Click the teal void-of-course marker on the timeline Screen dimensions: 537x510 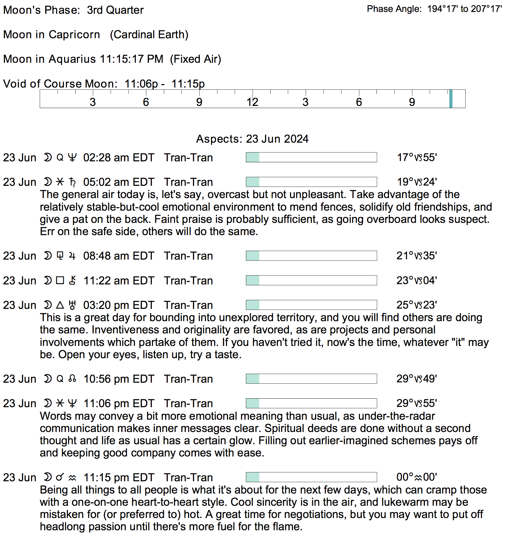(x=451, y=99)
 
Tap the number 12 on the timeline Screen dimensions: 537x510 (x=253, y=102)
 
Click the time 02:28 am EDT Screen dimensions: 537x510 (x=119, y=158)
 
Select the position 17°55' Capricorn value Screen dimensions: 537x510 (x=417, y=157)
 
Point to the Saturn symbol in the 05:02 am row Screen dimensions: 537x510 (x=73, y=182)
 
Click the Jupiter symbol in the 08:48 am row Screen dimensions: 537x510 (x=72, y=256)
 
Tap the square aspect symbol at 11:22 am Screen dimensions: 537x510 (x=60, y=280)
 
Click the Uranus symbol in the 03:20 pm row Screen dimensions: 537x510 (x=72, y=305)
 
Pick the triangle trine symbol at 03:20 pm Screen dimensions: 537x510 (x=60, y=305)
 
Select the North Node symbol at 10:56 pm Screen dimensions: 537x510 (x=72, y=379)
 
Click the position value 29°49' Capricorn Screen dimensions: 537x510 (x=417, y=379)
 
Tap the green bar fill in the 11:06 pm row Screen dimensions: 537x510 (x=253, y=404)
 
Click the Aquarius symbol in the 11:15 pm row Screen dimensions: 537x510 (x=72, y=478)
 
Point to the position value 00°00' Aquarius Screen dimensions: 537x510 (x=417, y=477)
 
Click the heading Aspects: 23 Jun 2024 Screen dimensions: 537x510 (x=252, y=139)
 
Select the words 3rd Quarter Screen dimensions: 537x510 (x=115, y=10)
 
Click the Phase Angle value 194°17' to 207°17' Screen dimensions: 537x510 (x=464, y=9)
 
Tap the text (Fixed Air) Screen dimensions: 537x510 (x=196, y=59)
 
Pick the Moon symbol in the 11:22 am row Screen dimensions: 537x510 (x=48, y=280)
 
